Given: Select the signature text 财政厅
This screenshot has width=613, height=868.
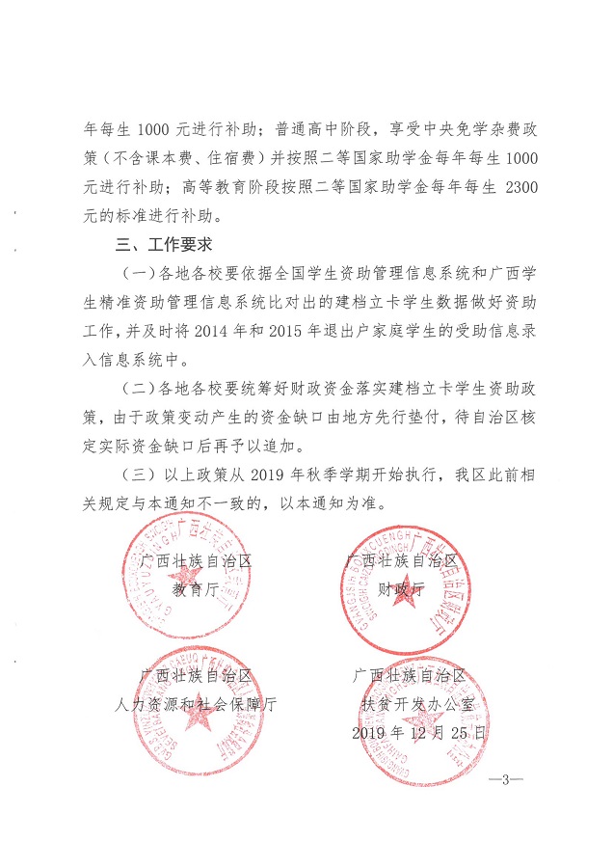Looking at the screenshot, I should coord(401,588).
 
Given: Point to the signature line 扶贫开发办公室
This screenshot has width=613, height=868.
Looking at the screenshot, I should coord(409,704).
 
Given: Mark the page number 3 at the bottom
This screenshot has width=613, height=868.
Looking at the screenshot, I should coord(505,779).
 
